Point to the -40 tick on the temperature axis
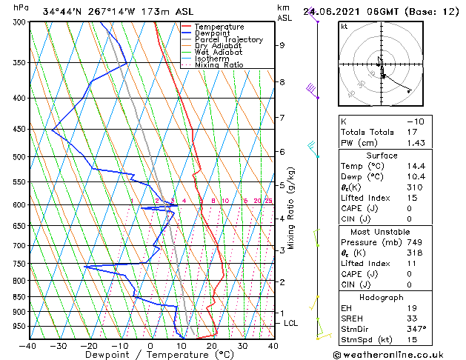tap(28, 345)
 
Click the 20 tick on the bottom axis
tap(212, 345)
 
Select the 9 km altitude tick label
tap(282, 45)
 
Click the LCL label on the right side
tap(291, 324)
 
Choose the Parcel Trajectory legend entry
tap(228, 40)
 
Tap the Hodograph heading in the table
tap(382, 297)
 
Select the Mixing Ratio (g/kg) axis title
tap(292, 208)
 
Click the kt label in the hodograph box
tap(344, 27)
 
